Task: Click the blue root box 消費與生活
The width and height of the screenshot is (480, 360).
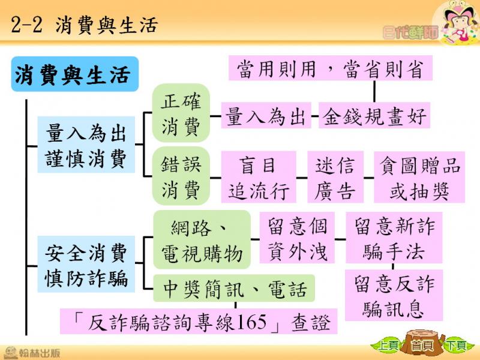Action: click(74, 74)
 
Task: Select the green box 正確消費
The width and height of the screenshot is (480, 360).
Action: click(181, 113)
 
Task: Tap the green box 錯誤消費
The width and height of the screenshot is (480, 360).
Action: click(181, 176)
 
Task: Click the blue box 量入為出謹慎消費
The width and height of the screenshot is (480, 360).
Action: click(86, 145)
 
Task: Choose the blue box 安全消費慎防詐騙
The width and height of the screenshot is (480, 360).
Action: click(86, 264)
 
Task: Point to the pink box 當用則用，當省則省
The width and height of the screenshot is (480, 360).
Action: click(331, 68)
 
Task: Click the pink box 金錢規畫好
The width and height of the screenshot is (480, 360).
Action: click(374, 115)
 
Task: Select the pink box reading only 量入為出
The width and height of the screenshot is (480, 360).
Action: click(266, 115)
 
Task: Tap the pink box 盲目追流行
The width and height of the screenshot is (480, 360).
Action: click(259, 177)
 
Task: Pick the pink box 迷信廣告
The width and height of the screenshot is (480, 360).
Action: click(335, 177)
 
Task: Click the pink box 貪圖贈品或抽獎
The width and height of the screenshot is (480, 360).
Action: click(419, 177)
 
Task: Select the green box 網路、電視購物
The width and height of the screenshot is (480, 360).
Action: click(202, 239)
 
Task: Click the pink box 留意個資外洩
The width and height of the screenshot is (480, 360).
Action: click(297, 238)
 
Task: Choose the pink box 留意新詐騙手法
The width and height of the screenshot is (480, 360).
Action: click(394, 238)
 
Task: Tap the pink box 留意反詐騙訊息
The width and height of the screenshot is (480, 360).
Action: click(394, 295)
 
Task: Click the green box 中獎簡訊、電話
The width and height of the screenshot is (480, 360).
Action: click(234, 288)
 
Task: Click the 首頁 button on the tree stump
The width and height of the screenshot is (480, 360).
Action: click(422, 346)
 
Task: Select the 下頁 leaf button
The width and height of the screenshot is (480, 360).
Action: click(456, 346)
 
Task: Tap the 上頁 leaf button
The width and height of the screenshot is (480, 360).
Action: click(387, 346)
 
